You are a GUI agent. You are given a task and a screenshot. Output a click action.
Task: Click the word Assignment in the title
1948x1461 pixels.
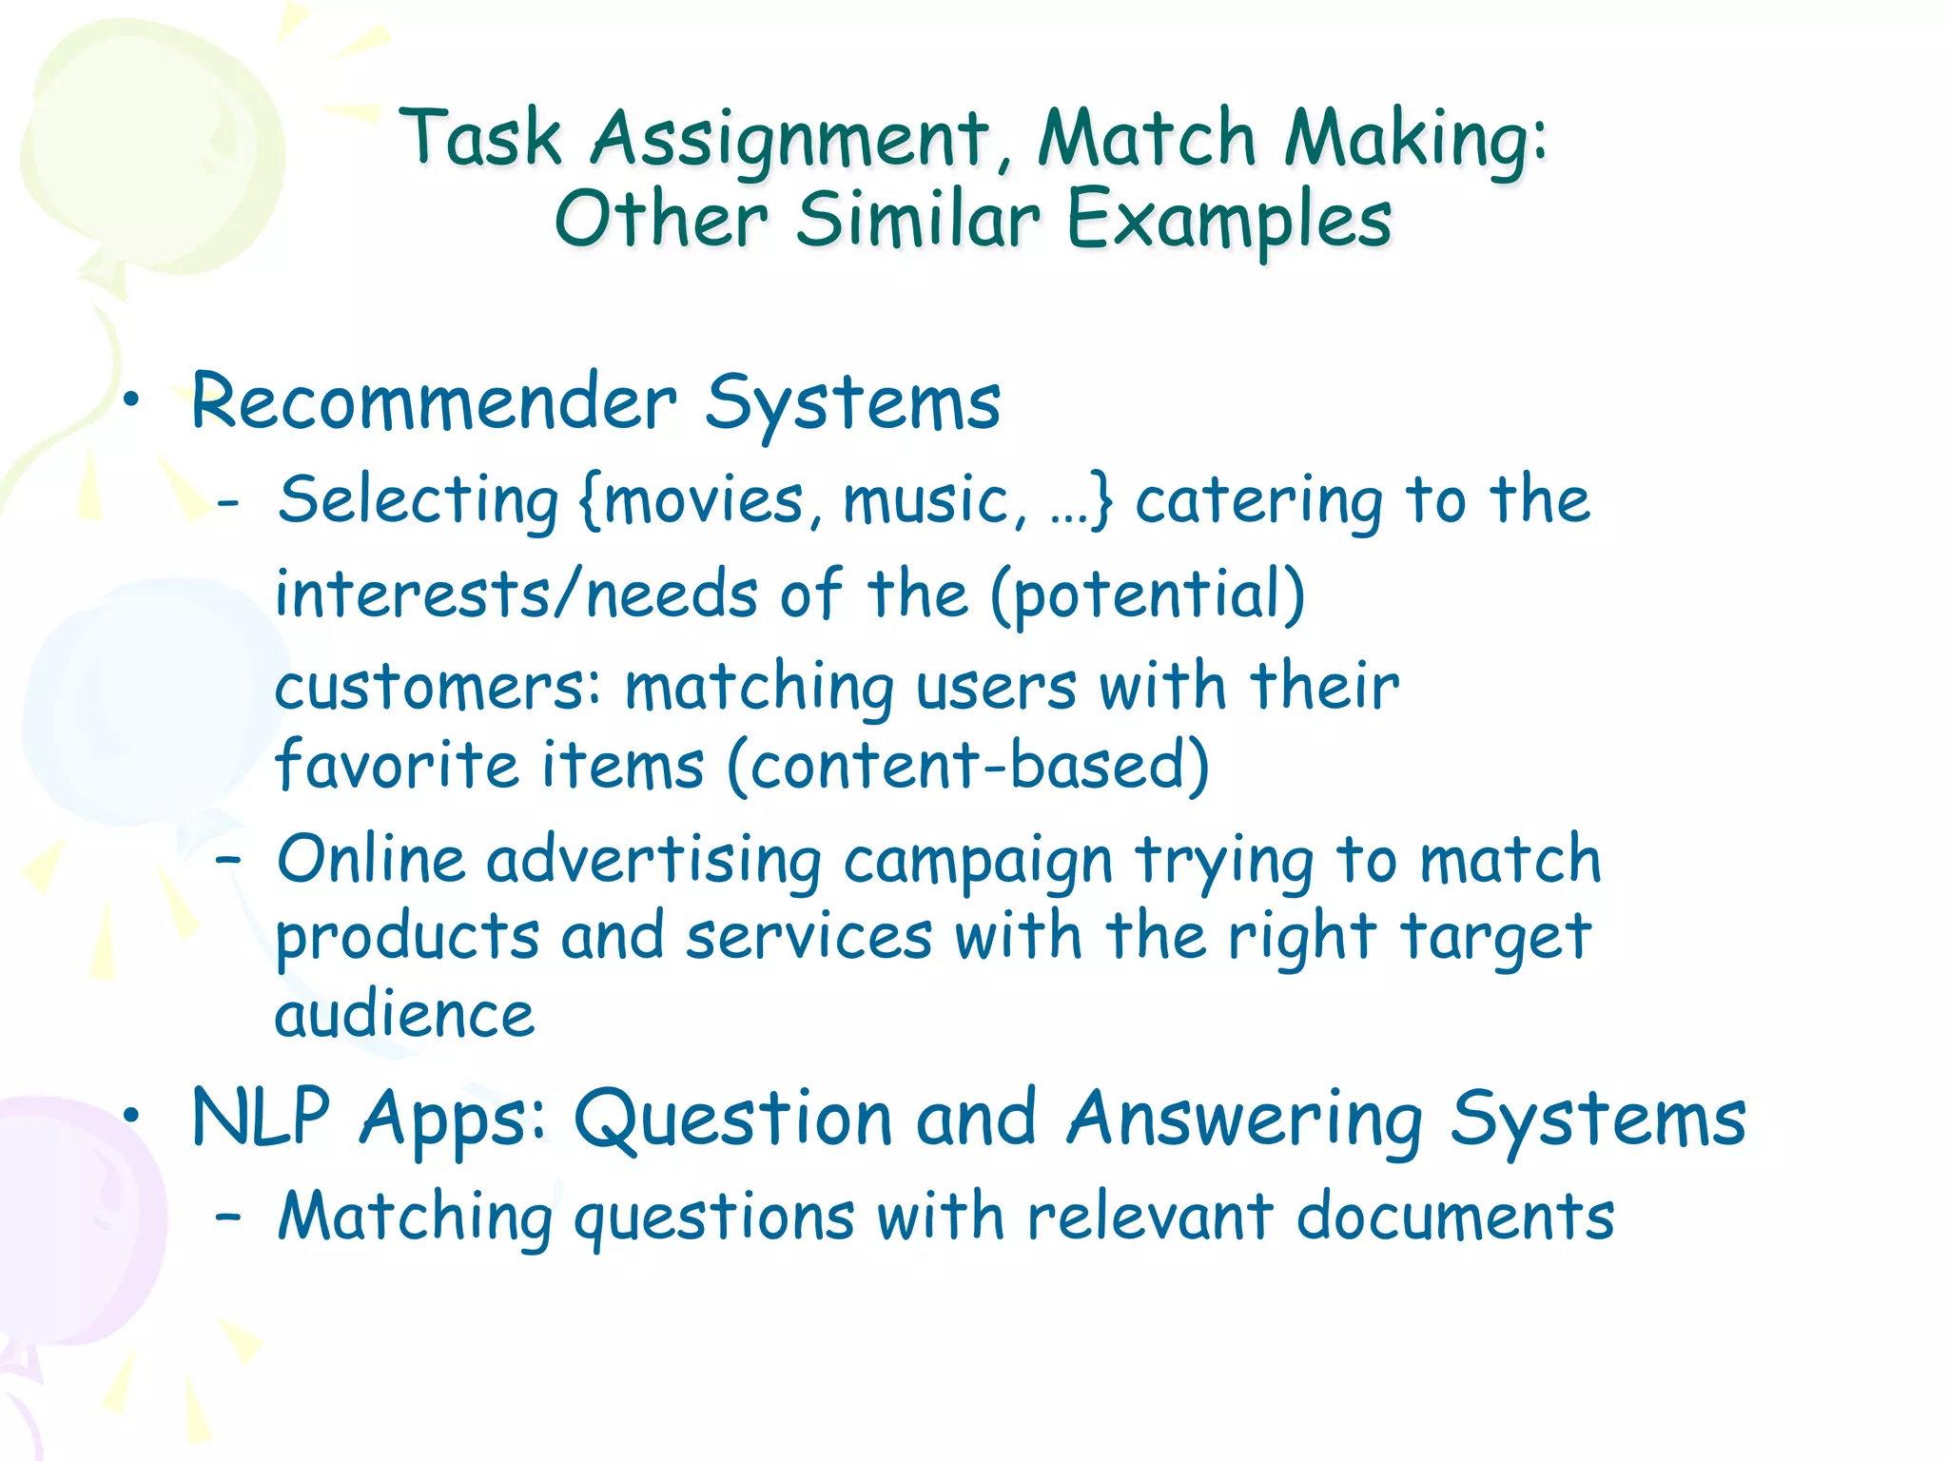click(789, 141)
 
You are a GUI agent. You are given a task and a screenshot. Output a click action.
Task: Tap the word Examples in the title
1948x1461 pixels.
click(1229, 221)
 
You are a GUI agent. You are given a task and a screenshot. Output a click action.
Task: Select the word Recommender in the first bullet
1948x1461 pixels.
click(434, 402)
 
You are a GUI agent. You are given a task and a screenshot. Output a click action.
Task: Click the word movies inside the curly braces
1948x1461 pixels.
click(704, 500)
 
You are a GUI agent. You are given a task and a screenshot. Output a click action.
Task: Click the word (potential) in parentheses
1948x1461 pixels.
click(1147, 595)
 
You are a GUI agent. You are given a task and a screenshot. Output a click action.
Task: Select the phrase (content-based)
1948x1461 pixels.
click(967, 767)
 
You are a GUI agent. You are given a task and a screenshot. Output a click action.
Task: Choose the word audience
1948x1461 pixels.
click(404, 1014)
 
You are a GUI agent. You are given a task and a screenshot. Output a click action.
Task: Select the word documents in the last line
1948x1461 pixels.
click(1454, 1217)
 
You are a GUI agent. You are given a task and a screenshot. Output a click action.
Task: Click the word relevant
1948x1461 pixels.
click(1150, 1217)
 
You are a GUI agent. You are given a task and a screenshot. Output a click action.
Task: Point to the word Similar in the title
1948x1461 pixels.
click(917, 221)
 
